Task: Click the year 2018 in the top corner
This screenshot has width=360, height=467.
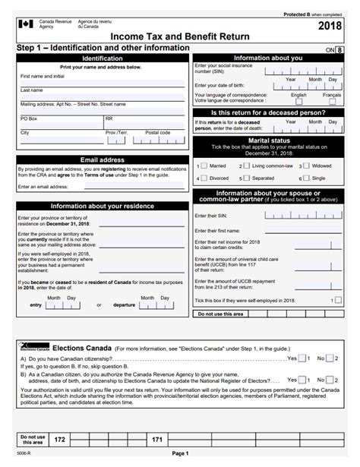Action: [333, 27]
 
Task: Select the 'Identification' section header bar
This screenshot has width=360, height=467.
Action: [102, 58]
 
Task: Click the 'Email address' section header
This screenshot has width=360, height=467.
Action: [102, 160]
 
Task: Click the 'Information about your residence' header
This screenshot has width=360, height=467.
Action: [102, 206]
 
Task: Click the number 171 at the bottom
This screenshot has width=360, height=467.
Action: [157, 440]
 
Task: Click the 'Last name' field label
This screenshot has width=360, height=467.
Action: [31, 90]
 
